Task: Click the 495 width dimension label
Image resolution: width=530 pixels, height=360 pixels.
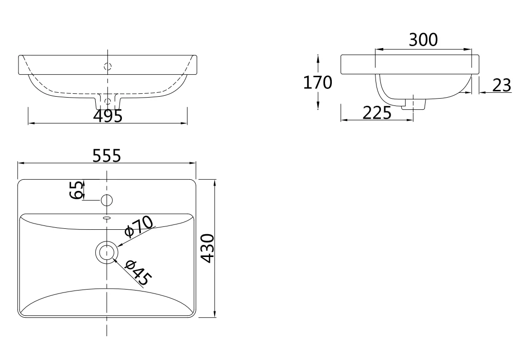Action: pos(107,116)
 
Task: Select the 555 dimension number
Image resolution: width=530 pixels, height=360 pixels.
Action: pos(106,156)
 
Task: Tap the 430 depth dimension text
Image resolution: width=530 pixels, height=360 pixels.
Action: pos(208,248)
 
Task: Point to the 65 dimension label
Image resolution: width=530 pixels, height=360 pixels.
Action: pos(76,190)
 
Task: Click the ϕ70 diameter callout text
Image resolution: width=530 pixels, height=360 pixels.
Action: pos(139,226)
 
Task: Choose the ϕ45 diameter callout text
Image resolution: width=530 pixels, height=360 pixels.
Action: pos(138,273)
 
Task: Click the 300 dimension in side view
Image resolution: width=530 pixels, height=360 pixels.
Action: pos(423,40)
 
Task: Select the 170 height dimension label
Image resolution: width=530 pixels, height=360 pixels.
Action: pos(317,83)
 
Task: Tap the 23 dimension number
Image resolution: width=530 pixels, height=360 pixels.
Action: pos(502,86)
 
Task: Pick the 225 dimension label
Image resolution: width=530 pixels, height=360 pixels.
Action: pos(377,113)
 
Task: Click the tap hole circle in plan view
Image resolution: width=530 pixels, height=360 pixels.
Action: pos(107,201)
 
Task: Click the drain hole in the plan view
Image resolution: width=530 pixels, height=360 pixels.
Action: pos(107,252)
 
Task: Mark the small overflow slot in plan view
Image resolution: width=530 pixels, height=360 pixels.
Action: pos(107,218)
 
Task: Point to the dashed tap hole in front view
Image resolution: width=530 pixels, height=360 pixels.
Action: pos(107,66)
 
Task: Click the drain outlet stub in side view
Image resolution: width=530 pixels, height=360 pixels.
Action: pos(413,104)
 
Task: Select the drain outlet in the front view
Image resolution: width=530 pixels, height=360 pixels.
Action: pos(107,100)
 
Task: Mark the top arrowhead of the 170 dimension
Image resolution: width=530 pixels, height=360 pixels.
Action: pos(318,58)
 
